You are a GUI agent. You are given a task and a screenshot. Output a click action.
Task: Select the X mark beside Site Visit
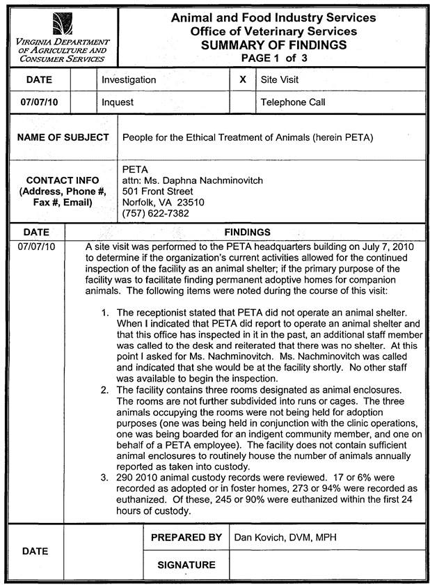tap(242, 80)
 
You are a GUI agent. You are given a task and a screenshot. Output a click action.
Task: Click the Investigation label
tap(129, 80)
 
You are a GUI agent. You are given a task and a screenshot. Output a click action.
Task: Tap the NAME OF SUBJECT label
tap(63, 137)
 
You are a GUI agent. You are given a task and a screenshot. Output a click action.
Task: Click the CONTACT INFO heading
tap(63, 180)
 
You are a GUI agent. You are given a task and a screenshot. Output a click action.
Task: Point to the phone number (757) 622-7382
tap(155, 214)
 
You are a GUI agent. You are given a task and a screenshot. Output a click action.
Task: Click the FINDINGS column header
tap(247, 232)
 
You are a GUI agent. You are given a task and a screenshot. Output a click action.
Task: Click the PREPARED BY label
tap(186, 538)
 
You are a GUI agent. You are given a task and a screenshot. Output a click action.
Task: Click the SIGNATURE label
tap(186, 565)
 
